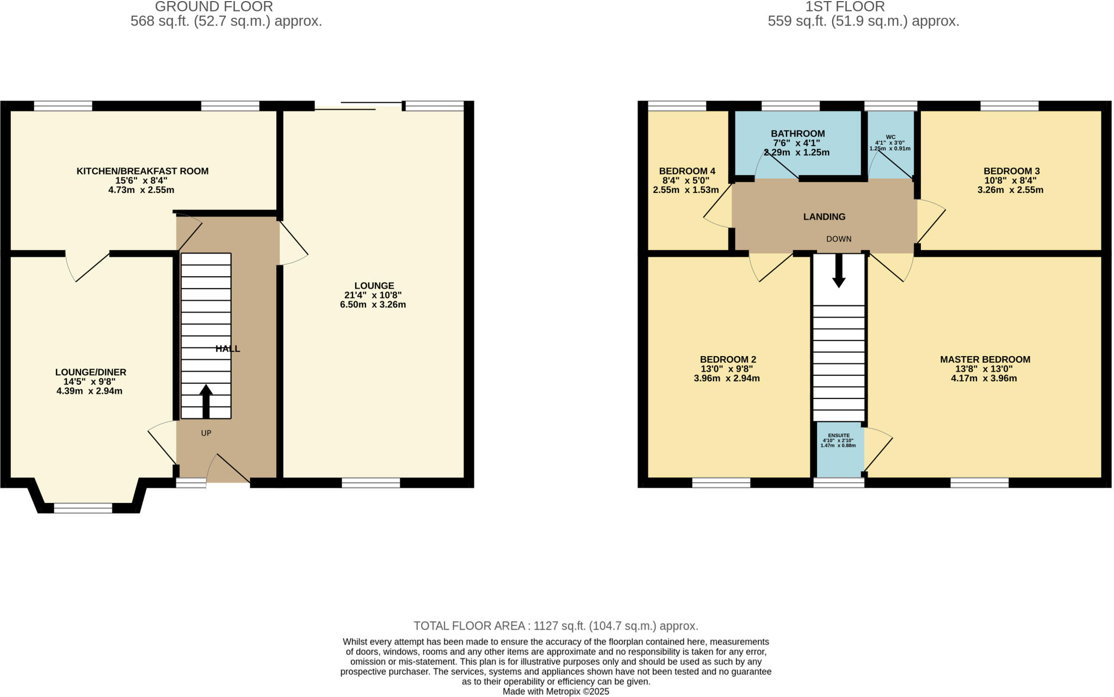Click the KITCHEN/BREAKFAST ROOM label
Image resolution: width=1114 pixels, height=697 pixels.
142,171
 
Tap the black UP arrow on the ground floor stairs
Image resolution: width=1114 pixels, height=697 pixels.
206,401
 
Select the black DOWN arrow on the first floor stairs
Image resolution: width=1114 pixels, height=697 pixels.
839,271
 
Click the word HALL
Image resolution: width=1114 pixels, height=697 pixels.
227,349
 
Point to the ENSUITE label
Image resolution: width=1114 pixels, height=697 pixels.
838,435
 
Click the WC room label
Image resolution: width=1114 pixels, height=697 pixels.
890,137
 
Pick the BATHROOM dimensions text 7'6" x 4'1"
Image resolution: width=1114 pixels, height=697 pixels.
797,143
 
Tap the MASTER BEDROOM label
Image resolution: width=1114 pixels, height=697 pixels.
985,359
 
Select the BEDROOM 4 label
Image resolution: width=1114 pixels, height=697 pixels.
686,171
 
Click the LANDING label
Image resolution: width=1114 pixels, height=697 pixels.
824,217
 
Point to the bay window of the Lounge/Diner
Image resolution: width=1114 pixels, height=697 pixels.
83,508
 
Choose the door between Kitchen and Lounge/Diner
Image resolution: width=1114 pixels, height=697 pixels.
87,266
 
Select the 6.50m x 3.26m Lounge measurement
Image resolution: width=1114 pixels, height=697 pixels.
373,305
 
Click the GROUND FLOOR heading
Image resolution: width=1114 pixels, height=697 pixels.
214,7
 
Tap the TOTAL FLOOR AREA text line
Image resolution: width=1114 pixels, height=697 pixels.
555,626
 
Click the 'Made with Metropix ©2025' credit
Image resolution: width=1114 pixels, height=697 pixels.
555,692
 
